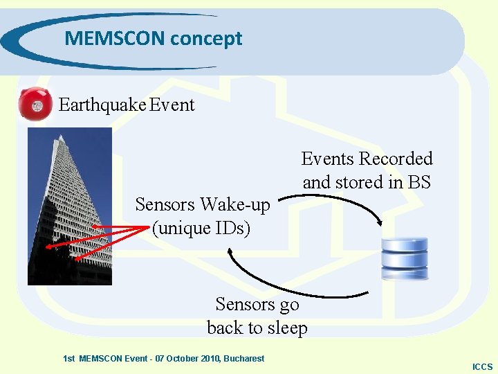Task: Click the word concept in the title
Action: click(206, 39)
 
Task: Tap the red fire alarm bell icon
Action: click(36, 105)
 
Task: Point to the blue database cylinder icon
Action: click(405, 258)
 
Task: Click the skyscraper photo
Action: click(69, 206)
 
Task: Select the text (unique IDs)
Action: click(201, 227)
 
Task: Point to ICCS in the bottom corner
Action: click(482, 366)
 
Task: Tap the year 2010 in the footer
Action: click(206, 358)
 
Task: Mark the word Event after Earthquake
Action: click(172, 105)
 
